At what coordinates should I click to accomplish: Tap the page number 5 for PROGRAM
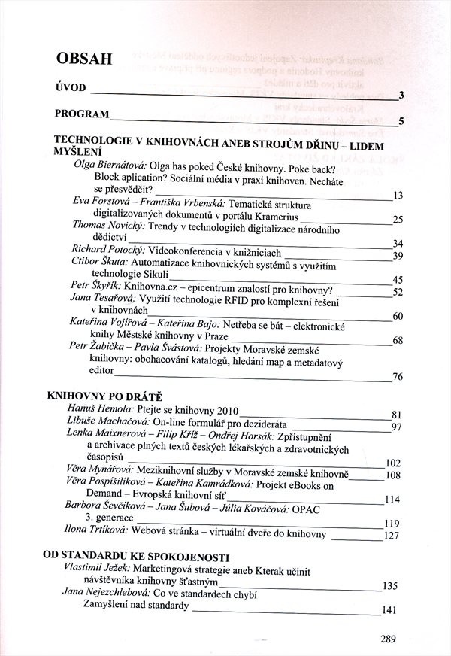[x=402, y=121]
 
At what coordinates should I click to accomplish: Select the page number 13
[x=398, y=196]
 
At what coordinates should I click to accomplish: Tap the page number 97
[x=398, y=427]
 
